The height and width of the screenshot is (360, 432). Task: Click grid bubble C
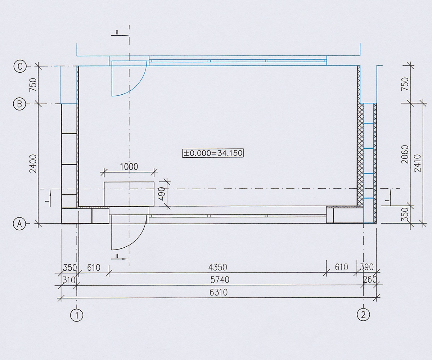tap(20, 66)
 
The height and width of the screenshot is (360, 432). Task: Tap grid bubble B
tap(19, 104)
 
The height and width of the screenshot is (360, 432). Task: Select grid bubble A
tap(19, 224)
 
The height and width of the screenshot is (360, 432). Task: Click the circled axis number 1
tap(77, 315)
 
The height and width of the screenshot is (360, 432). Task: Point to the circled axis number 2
tap(364, 315)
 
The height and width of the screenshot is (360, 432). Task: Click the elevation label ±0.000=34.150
tap(213, 153)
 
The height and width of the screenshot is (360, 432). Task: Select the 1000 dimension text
tap(129, 167)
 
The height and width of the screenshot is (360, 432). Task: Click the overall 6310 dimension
tap(219, 292)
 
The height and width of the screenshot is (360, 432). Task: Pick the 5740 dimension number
tap(220, 280)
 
